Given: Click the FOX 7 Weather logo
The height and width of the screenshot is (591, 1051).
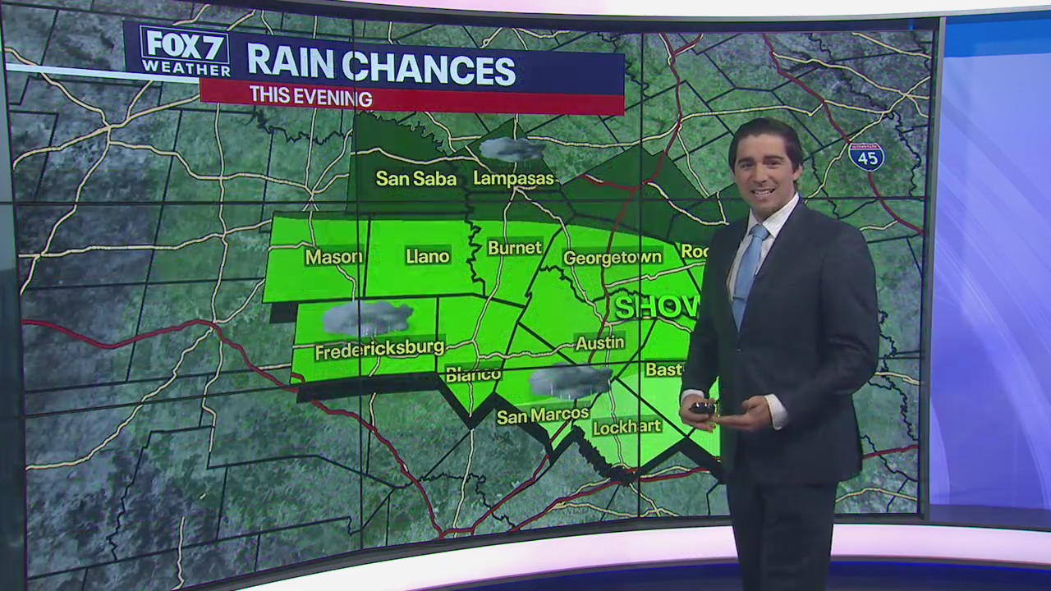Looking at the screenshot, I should [186, 51].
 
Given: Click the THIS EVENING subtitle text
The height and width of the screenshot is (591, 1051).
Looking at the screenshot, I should [310, 97].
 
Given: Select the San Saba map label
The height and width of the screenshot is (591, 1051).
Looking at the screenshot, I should [415, 178].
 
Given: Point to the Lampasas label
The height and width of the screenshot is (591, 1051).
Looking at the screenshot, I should [514, 178].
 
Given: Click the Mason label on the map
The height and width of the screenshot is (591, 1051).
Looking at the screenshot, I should [333, 257].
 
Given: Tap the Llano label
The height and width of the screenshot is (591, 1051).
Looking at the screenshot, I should [428, 257].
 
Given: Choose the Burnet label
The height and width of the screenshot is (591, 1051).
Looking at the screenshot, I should [515, 248].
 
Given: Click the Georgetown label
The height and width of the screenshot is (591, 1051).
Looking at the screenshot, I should [613, 258].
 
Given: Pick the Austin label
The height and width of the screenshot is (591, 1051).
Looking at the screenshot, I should [599, 342].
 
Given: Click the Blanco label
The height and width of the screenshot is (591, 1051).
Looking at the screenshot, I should [473, 374].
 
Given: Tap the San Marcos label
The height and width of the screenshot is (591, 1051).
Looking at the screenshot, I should [543, 415].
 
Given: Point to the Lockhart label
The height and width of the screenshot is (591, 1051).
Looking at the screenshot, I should [626, 427].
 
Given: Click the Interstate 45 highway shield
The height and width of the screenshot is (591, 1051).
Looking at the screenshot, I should [866, 155].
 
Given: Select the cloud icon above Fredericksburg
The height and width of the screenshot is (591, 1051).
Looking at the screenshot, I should [367, 318].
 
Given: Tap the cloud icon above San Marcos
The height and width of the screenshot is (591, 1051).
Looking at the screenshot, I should [570, 382].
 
